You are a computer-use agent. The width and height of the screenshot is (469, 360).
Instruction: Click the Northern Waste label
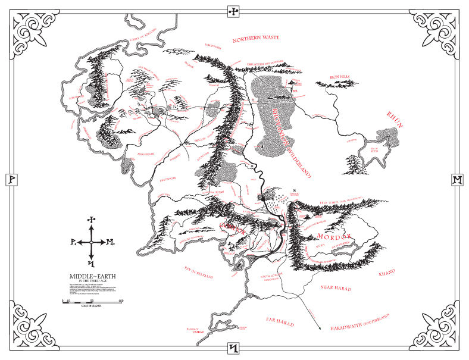[x=257, y=40]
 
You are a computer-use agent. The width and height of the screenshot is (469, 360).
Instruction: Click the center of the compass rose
[x=91, y=242]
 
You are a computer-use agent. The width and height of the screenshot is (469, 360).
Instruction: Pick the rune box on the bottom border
[x=234, y=348]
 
